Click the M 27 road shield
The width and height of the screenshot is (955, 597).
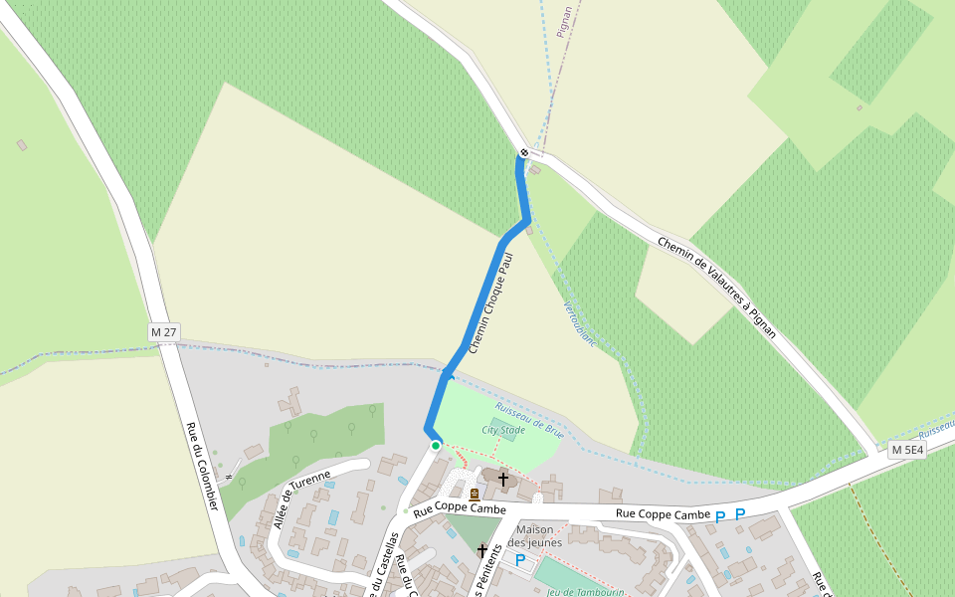tap(164, 331)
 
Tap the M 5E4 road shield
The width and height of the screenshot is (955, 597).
tap(907, 450)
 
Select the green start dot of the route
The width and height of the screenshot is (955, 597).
tap(436, 446)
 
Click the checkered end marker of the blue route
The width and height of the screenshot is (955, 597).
tap(524, 152)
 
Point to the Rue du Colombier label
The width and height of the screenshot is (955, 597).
tap(202, 466)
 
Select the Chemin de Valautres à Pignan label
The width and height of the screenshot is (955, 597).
tap(716, 287)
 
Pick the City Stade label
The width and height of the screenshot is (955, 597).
tap(503, 431)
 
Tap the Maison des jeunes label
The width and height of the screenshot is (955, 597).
tap(535, 536)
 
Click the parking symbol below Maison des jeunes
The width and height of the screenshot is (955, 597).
tap(519, 560)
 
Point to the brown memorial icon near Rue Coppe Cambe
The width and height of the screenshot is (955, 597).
tap(475, 494)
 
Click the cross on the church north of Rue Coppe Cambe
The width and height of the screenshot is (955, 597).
tap(503, 480)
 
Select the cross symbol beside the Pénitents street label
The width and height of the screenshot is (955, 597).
tap(482, 550)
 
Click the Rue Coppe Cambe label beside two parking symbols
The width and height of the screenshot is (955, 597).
tap(663, 514)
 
